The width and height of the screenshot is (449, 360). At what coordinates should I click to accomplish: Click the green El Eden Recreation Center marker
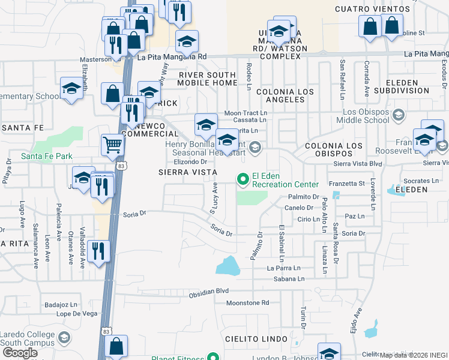[x=243, y=179]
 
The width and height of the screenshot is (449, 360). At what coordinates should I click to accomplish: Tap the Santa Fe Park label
[x=47, y=156]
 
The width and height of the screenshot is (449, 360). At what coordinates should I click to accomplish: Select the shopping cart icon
[x=112, y=145]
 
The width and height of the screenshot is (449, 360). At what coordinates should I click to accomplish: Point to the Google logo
[x=20, y=352]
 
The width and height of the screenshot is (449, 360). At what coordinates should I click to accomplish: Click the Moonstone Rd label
[x=247, y=303]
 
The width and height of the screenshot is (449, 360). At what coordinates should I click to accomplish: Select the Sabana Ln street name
[x=286, y=279]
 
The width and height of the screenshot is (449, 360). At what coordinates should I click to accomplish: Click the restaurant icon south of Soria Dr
[x=97, y=251]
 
